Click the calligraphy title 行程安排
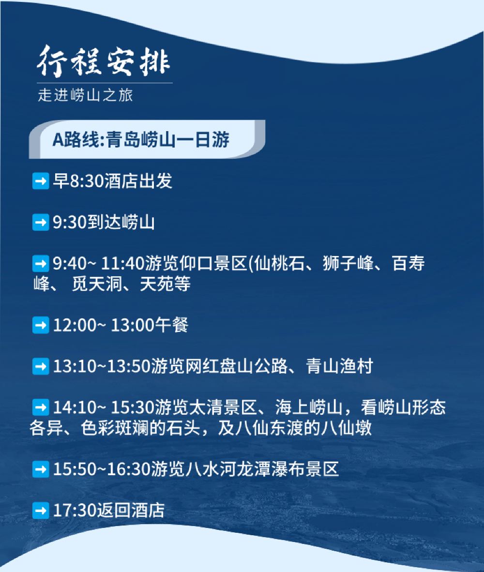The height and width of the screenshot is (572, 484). pos(104,61)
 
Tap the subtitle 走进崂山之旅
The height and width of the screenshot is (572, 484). pos(85,95)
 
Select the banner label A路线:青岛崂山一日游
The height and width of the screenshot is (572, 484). pos(141,139)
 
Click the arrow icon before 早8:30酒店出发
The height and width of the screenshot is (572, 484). pos(41,181)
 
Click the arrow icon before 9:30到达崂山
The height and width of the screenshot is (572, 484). pos(41,222)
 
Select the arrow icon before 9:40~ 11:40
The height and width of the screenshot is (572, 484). pos(41,263)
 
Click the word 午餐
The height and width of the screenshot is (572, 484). pos(172,325)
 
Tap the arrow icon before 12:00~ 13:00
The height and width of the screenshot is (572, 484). pos(41,325)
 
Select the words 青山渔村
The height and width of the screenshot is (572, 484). pos(339,366)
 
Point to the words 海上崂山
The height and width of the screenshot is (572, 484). pos(308,407)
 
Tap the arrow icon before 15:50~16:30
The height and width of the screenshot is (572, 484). pos(41,469)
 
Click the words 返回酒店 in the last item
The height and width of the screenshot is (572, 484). pos(131,511)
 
